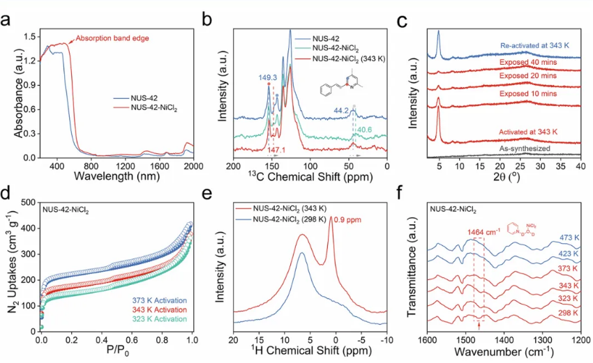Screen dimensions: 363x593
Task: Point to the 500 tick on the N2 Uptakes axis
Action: (x=31, y=202)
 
